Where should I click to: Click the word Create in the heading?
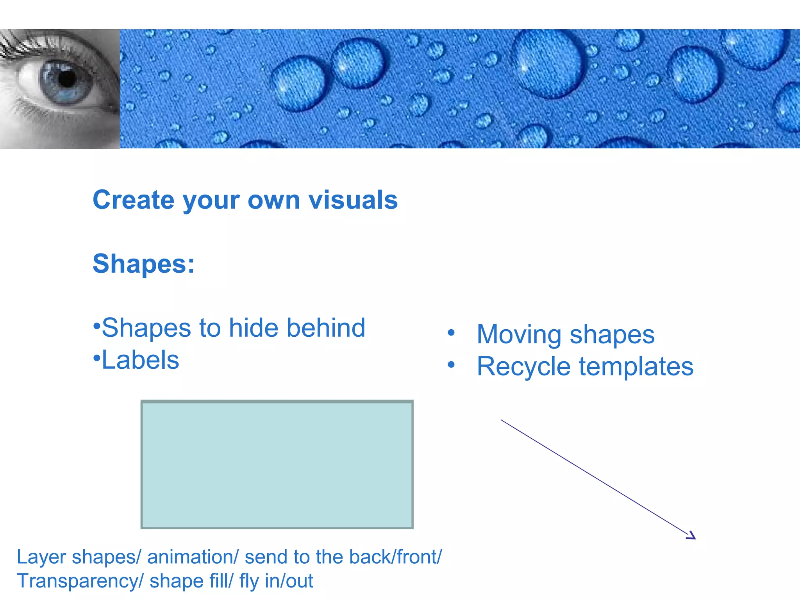click(x=133, y=200)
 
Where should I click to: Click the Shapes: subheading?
click(x=143, y=264)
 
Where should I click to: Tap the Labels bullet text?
click(x=140, y=360)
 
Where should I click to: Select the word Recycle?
click(x=523, y=367)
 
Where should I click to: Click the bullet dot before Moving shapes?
click(x=451, y=333)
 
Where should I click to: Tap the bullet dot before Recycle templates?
click(x=451, y=365)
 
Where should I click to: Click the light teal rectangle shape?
click(x=277, y=464)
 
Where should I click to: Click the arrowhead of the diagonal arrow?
click(x=692, y=536)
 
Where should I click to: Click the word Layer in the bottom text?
click(x=41, y=557)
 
